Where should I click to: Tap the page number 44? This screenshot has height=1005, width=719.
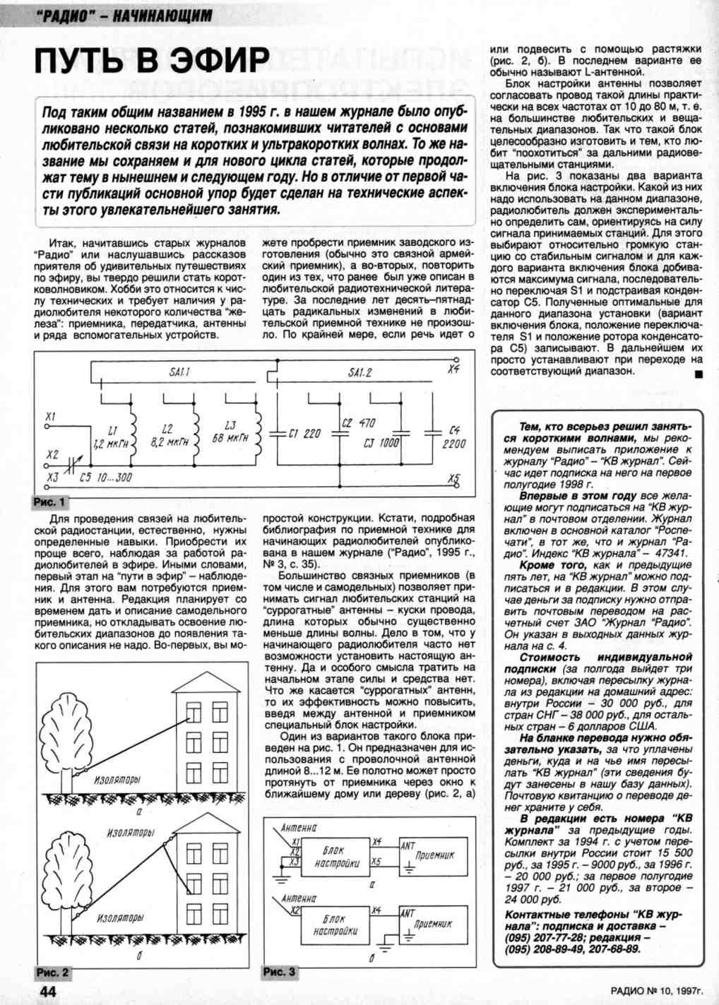(47, 991)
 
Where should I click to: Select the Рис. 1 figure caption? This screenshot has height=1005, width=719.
(49, 502)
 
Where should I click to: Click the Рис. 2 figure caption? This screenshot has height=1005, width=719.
(52, 973)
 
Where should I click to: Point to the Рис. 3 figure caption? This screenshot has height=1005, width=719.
(279, 973)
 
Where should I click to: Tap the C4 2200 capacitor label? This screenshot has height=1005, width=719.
(454, 437)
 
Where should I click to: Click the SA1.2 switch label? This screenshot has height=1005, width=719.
(360, 372)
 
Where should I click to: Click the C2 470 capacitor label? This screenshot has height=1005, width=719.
(358, 423)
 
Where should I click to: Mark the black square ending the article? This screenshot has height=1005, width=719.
(698, 374)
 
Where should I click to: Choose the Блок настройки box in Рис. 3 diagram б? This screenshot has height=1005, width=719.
(335, 925)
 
